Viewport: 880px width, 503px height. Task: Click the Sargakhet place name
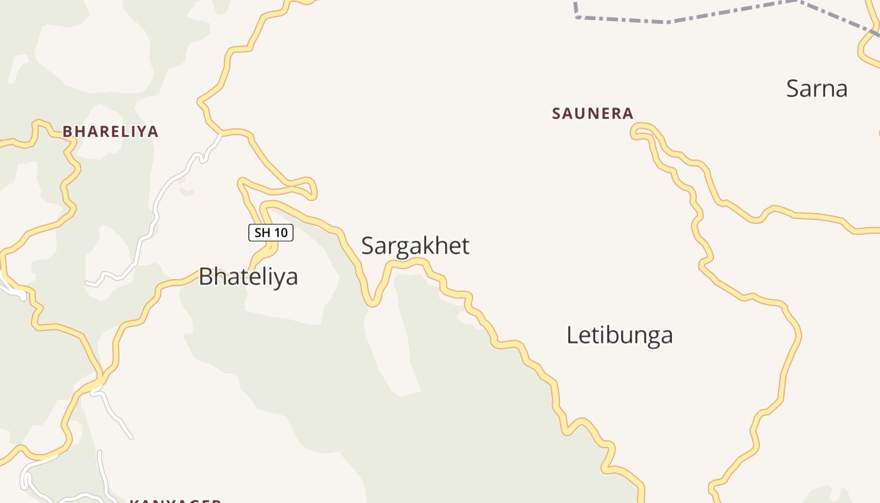coord(415,246)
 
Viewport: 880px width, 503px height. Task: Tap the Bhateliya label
coord(248,277)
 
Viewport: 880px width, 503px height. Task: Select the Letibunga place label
coord(619,335)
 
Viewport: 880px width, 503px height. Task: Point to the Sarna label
coord(817,89)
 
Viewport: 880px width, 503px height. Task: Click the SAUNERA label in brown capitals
coord(592,114)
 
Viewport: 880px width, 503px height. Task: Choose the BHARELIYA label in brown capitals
coord(110,131)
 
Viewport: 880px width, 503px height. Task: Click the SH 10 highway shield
coord(271,233)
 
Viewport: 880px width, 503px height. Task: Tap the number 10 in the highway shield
coord(280,233)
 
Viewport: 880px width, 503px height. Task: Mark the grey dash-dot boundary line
coord(666,21)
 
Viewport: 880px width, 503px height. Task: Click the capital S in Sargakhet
coord(368,246)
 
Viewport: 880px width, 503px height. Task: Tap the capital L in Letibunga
coord(572,335)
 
